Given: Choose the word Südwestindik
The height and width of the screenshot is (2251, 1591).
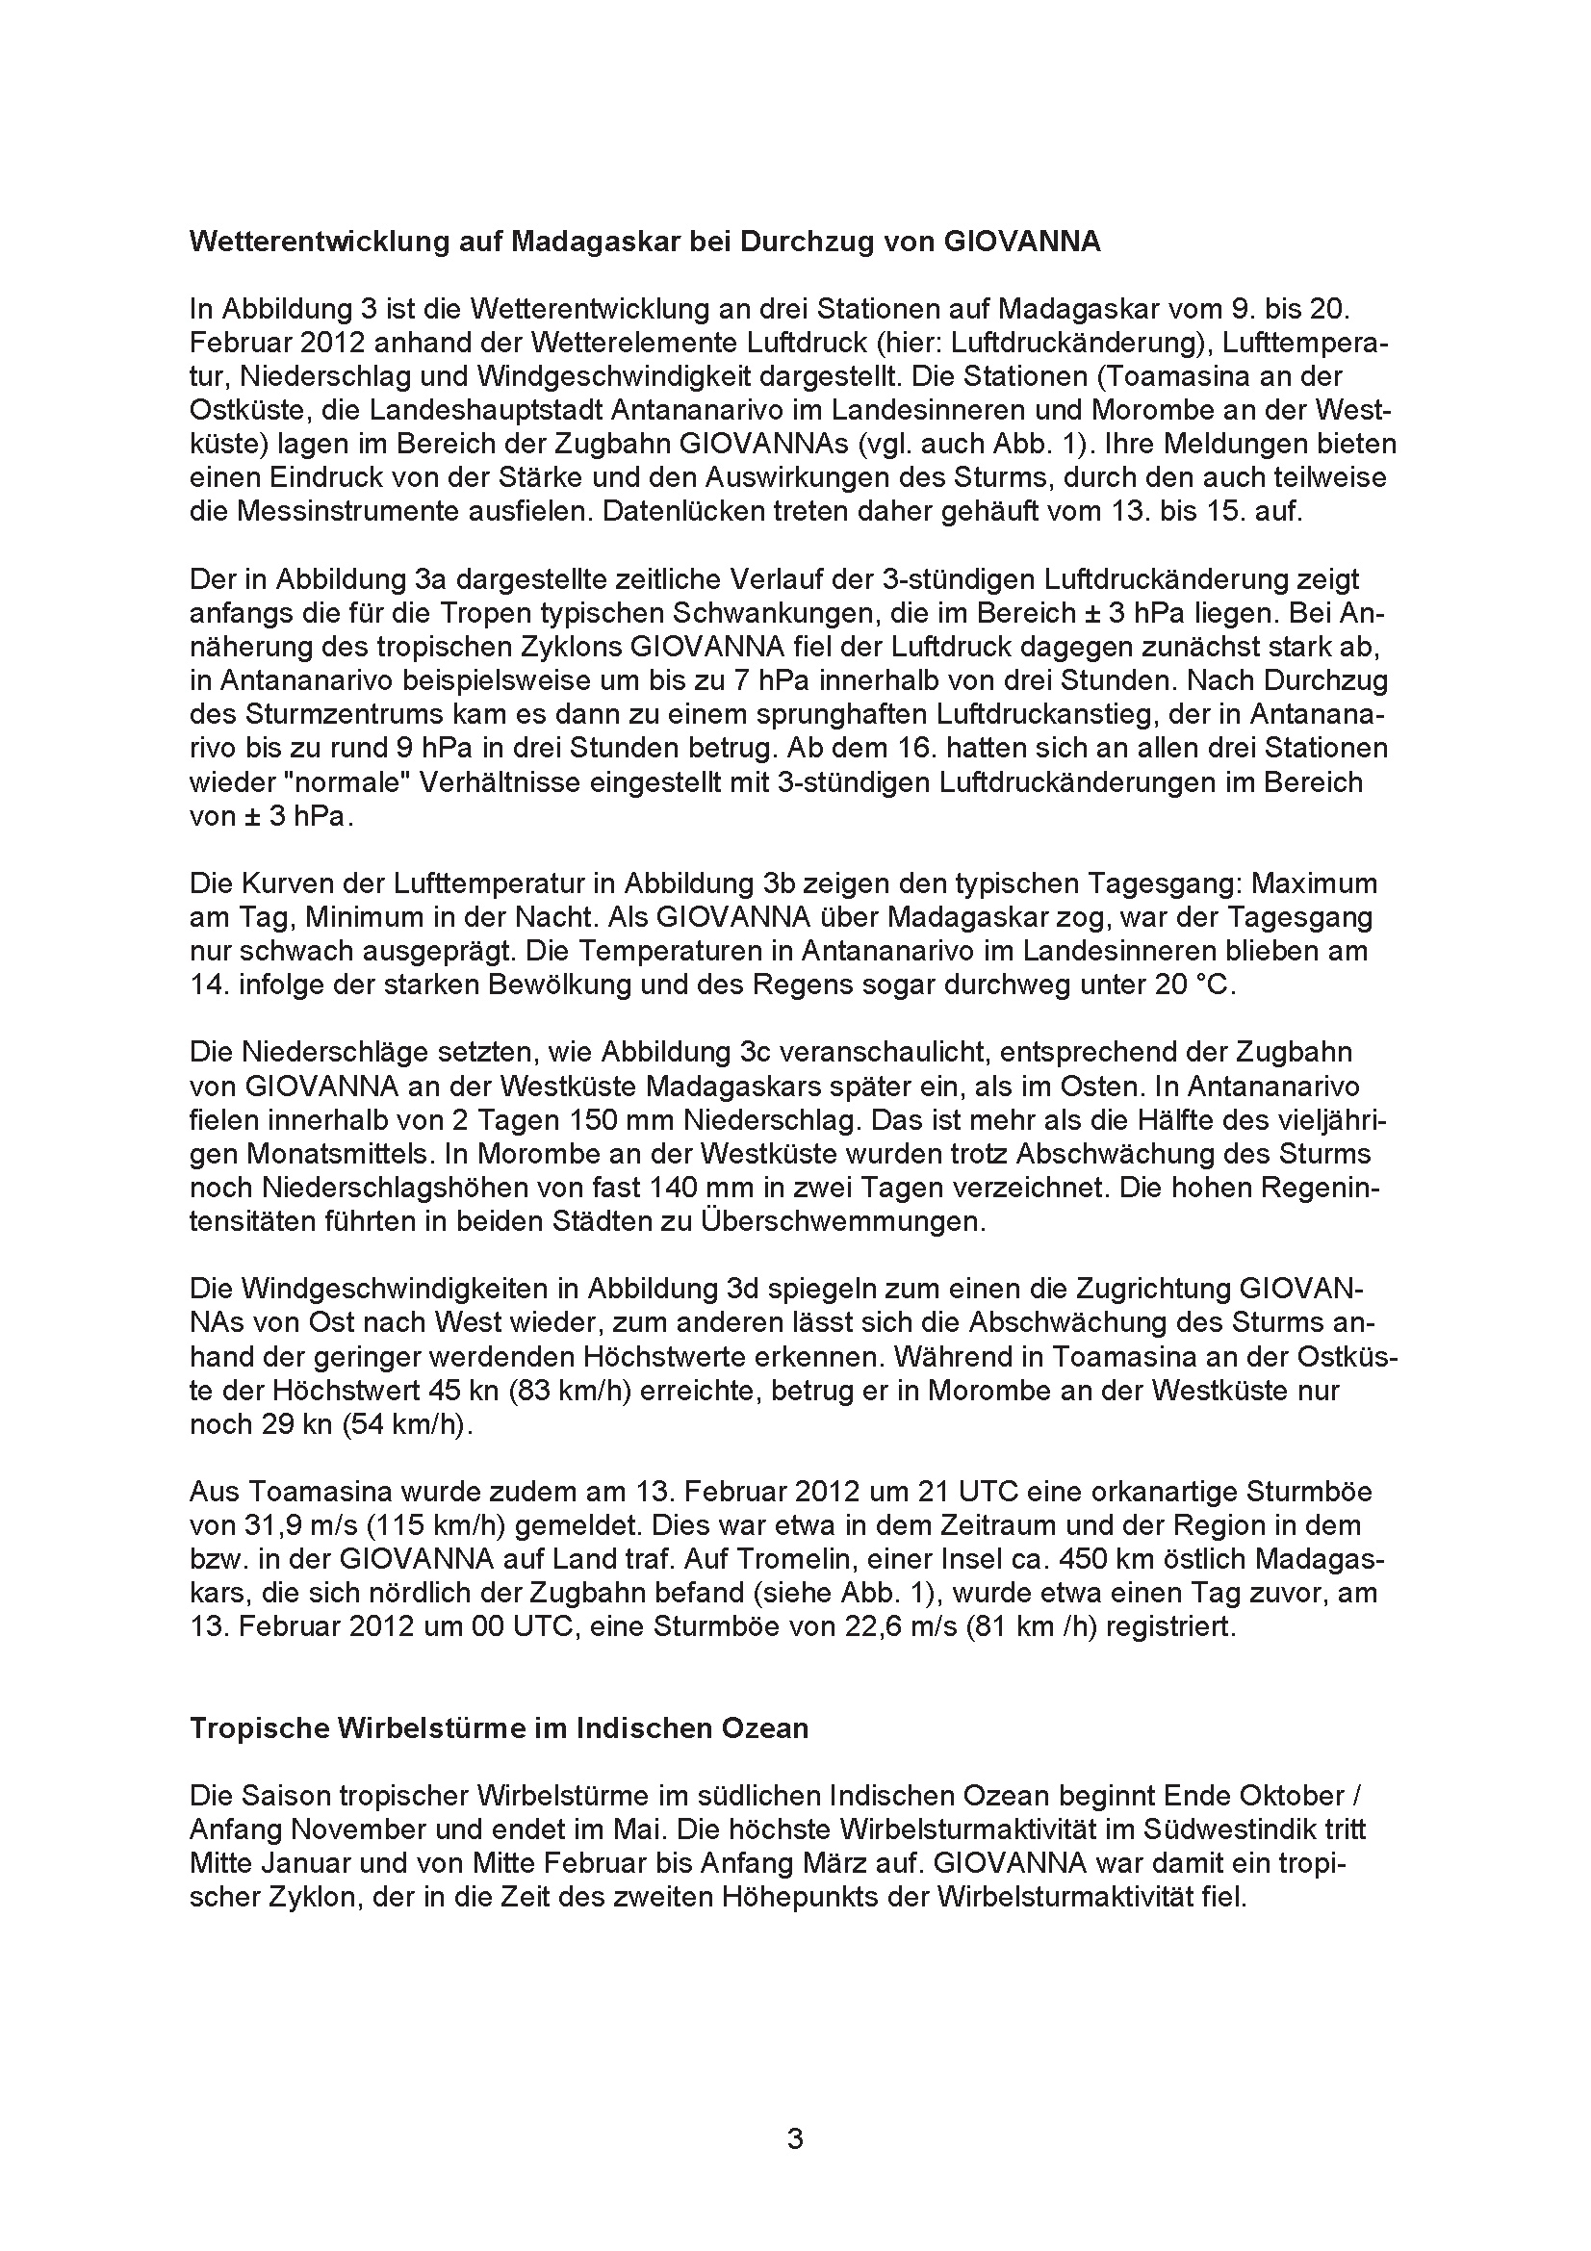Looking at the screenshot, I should (1231, 1829).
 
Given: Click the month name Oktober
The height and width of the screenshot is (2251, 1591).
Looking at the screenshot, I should (1295, 1796).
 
